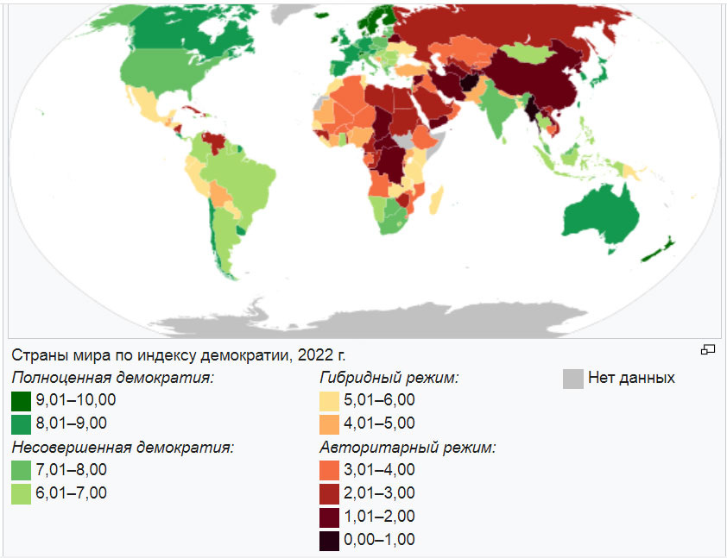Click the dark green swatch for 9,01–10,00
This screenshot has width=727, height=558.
tap(22, 400)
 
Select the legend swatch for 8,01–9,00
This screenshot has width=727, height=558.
tap(22, 423)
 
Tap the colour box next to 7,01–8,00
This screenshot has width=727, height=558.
tap(22, 470)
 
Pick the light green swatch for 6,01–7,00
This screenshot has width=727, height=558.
tap(22, 493)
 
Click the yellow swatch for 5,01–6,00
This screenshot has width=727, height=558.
tap(330, 400)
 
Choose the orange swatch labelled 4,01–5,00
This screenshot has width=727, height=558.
tap(330, 423)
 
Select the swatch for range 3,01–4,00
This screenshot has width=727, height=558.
tap(330, 470)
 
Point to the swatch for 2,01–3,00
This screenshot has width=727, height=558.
tap(330, 493)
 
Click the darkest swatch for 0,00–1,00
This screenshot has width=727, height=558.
tap(330, 540)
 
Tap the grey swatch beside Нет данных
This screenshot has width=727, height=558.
tap(572, 379)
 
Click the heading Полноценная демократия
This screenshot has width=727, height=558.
tap(112, 378)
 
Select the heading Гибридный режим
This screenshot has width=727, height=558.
tap(389, 378)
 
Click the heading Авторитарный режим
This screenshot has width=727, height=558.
tap(408, 448)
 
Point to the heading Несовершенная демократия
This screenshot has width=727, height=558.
tap(123, 448)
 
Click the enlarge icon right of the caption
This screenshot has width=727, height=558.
tap(708, 349)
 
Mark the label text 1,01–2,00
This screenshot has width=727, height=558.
tap(381, 517)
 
